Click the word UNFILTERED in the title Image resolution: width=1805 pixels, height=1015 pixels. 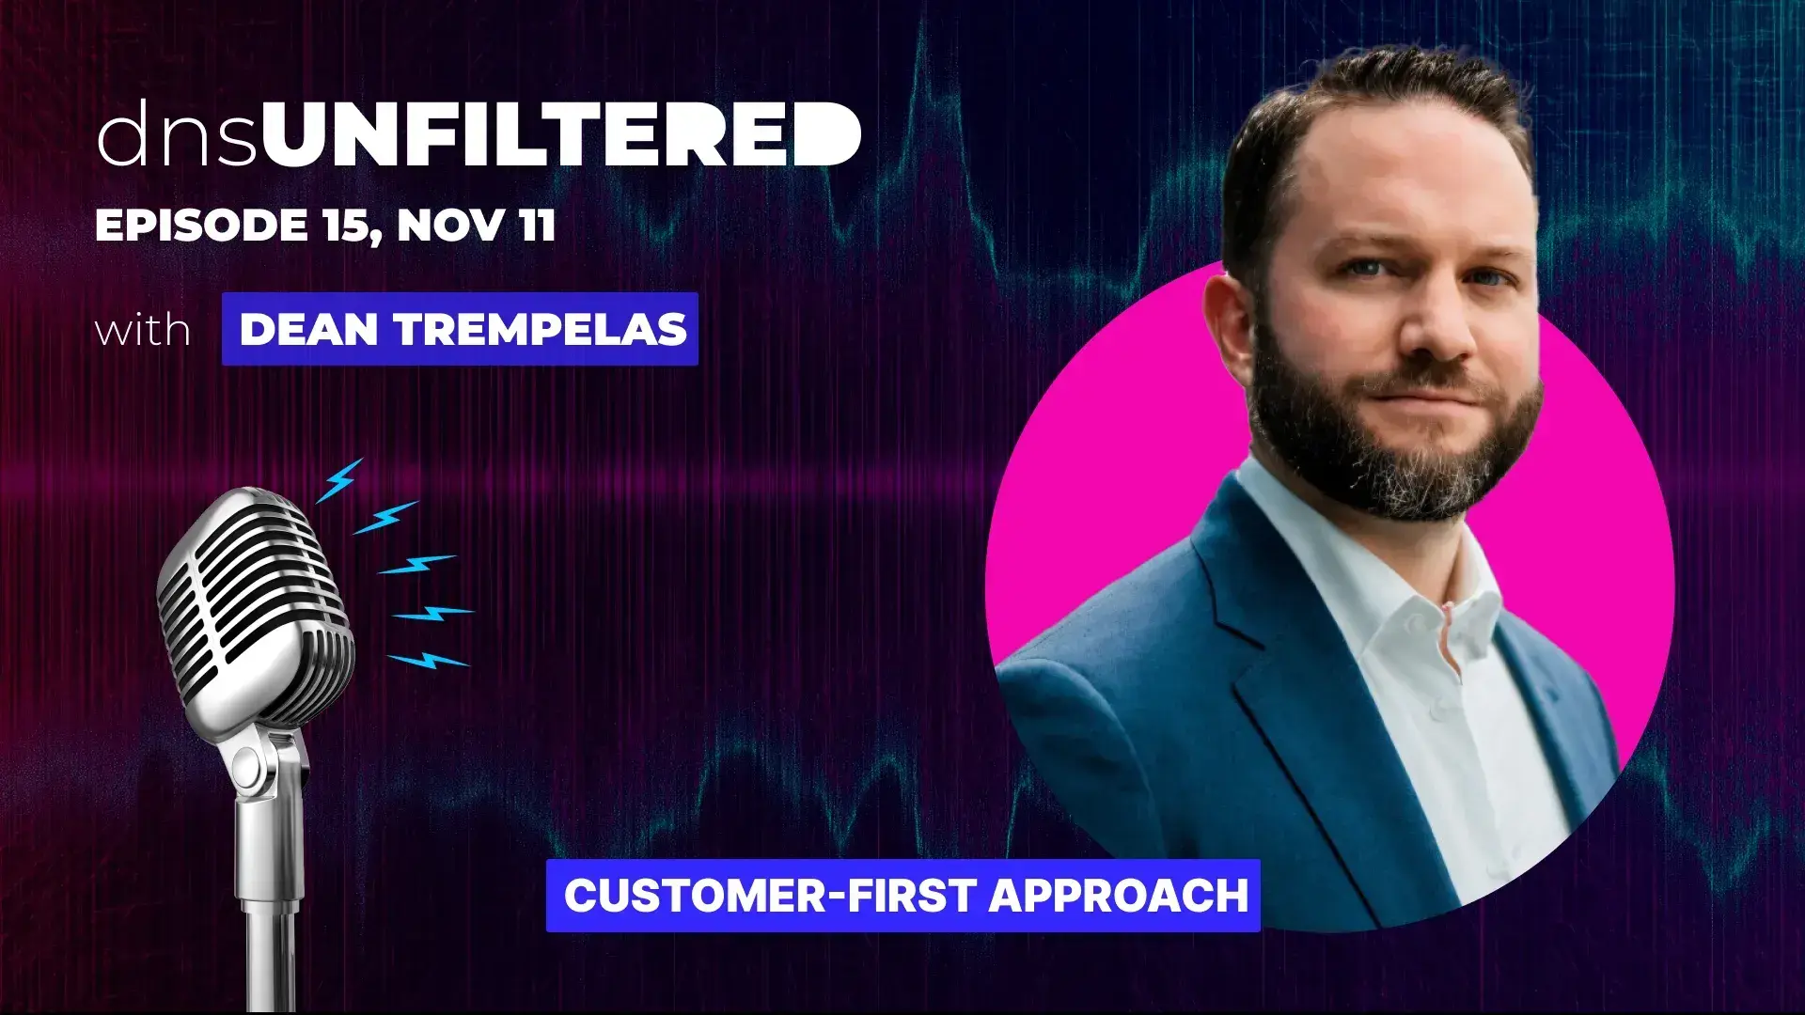click(561, 133)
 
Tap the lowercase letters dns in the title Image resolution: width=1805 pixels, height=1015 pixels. click(177, 133)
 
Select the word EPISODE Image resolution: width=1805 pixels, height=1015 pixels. click(202, 226)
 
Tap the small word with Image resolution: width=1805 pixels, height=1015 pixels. click(143, 330)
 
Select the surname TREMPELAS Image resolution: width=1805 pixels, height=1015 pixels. click(541, 329)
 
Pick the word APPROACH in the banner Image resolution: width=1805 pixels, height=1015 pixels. click(1119, 895)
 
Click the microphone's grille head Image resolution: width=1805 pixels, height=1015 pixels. click(254, 611)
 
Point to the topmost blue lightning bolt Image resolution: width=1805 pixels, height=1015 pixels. click(339, 480)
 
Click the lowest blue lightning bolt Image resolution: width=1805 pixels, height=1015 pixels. click(429, 661)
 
